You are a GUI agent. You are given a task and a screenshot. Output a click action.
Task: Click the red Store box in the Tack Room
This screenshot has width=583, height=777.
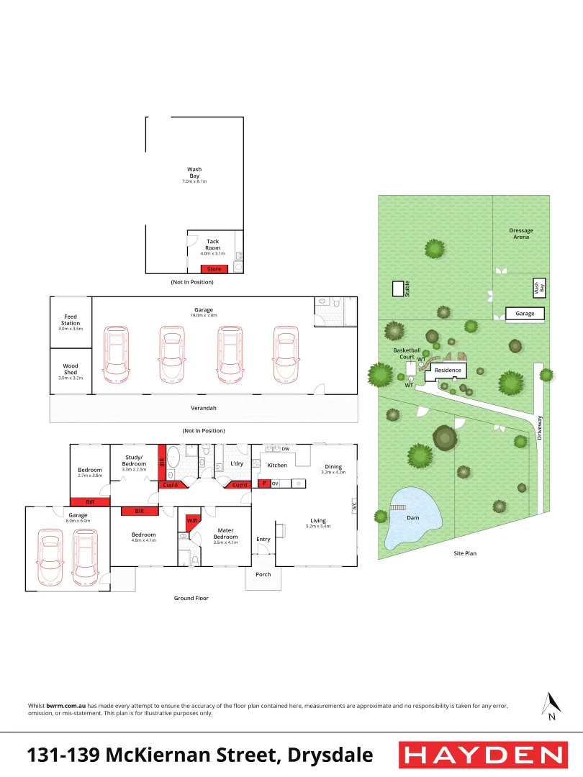click(x=214, y=269)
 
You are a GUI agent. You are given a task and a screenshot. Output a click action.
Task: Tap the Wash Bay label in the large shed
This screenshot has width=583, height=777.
click(x=194, y=173)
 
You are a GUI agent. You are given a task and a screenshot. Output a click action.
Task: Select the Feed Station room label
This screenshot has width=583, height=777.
click(x=71, y=319)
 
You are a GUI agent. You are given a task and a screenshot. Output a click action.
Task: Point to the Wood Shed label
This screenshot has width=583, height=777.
click(x=71, y=369)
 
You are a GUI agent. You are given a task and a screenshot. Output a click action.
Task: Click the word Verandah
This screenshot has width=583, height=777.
click(x=204, y=408)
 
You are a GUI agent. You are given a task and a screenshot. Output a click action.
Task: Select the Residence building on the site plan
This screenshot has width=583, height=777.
click(x=447, y=371)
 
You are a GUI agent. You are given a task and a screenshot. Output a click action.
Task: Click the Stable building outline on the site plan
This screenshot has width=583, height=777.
click(x=397, y=288)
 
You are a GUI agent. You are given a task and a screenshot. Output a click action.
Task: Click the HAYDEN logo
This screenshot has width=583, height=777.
click(x=482, y=755)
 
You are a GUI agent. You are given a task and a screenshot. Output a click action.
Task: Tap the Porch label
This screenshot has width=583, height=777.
click(x=263, y=574)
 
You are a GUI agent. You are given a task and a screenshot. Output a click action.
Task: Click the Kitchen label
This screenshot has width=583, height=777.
click(x=277, y=465)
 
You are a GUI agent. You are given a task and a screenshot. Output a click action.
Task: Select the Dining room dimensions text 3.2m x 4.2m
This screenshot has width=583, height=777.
click(x=333, y=472)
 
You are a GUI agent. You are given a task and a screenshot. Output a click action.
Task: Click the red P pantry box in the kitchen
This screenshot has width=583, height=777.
click(x=264, y=483)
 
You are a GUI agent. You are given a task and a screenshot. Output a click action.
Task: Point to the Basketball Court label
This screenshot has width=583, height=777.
click(x=407, y=353)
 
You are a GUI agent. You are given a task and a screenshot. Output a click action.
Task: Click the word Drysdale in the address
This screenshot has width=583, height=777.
click(x=330, y=755)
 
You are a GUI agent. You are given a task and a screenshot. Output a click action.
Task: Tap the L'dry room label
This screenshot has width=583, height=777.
click(x=237, y=464)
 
